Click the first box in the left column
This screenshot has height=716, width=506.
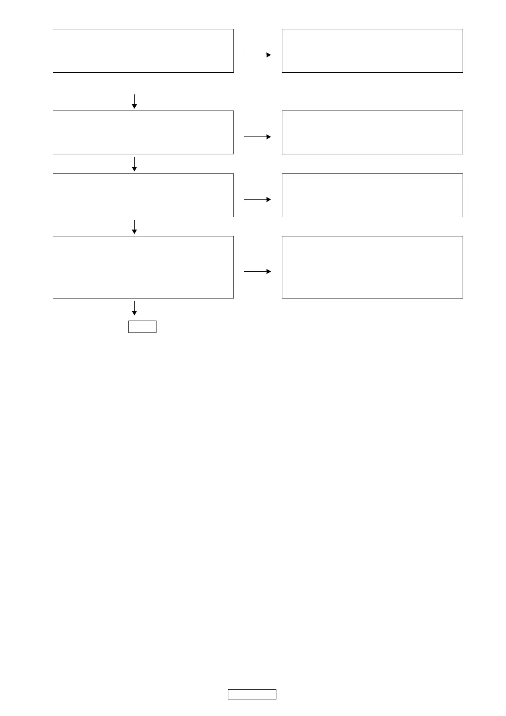143,51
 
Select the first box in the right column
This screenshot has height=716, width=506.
372,51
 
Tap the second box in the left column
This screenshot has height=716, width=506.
143,132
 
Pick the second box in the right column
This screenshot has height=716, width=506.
372,132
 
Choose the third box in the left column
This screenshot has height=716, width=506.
143,195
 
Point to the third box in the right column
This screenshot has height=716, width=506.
372,195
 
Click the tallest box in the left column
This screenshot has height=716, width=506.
143,267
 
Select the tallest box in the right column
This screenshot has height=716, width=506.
372,267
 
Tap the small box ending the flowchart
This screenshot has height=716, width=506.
142,327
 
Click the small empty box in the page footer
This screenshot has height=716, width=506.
252,694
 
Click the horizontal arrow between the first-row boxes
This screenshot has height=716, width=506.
257,55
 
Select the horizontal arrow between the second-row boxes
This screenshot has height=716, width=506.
257,137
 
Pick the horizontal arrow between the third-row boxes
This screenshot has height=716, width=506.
257,199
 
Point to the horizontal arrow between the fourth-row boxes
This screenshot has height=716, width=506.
257,271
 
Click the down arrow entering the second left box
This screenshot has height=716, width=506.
134,101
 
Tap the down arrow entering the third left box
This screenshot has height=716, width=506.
134,164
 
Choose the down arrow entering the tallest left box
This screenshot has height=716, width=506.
134,227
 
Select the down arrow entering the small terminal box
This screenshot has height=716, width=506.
134,308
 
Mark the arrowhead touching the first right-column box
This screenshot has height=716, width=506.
269,55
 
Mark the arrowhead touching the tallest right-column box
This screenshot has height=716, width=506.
269,271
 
